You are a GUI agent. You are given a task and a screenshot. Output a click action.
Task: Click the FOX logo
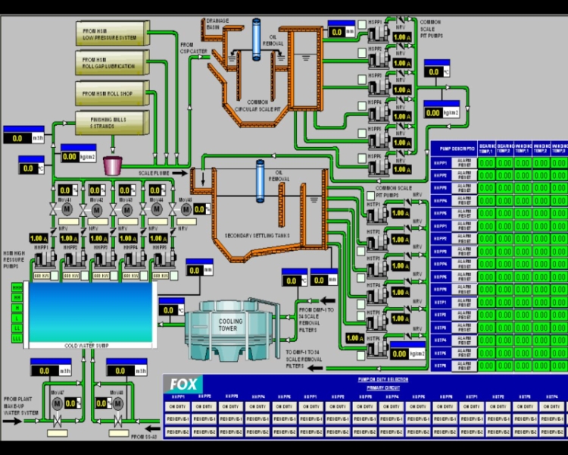coord(183,384)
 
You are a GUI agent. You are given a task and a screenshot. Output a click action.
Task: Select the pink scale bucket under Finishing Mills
coord(113,165)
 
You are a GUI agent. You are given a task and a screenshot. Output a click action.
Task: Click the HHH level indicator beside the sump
coord(16,287)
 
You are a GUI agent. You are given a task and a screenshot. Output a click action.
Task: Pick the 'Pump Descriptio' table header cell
coord(453,149)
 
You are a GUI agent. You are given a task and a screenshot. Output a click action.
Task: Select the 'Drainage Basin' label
coord(217,24)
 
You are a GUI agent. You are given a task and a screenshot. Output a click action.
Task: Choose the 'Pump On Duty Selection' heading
coord(382,379)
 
